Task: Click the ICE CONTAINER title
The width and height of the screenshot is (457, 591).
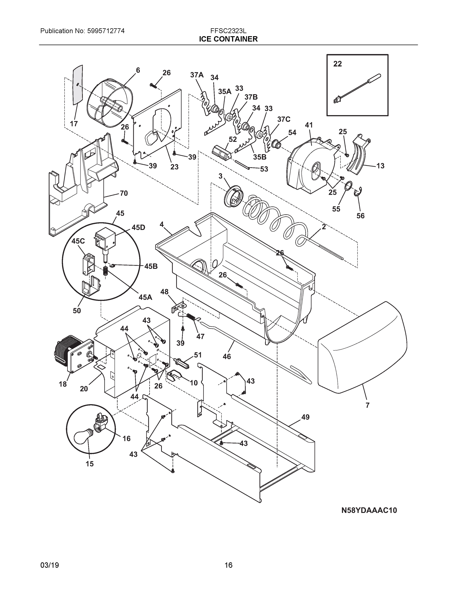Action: [x=228, y=39]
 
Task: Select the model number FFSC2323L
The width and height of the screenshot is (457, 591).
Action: [x=228, y=31]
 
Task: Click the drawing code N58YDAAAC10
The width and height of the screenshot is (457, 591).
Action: [x=369, y=510]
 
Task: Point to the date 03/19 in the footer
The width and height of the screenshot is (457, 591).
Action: [x=50, y=565]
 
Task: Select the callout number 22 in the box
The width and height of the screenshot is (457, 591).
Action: [x=337, y=64]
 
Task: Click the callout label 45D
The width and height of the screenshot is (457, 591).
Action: [x=138, y=228]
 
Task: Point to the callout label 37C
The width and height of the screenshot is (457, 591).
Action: [x=284, y=119]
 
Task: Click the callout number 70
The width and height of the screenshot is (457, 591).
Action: [x=123, y=193]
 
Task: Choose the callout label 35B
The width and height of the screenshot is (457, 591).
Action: [x=260, y=157]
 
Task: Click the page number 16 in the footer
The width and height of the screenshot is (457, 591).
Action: [x=228, y=565]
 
